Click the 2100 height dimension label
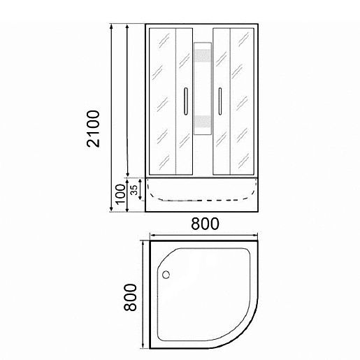[x=93, y=129]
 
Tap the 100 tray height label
[x=121, y=194]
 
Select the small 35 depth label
[x=134, y=190]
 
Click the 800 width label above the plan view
[x=205, y=224]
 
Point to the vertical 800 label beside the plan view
[x=130, y=297]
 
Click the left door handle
[x=186, y=101]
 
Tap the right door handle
[x=219, y=101]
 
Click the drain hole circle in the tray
[x=166, y=275]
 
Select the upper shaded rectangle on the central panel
[x=203, y=56]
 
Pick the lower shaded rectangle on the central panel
[x=203, y=122]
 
